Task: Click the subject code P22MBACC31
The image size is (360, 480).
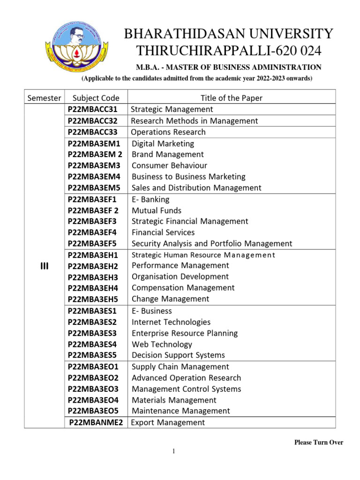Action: (93, 109)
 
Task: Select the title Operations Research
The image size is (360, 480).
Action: (168, 132)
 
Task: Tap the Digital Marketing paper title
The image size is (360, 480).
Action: (163, 143)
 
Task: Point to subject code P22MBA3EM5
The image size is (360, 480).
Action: (94, 188)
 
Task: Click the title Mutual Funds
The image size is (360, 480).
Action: (157, 210)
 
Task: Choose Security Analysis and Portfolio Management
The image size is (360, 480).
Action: (212, 244)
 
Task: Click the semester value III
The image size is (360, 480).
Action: (44, 266)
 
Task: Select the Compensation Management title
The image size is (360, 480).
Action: (183, 288)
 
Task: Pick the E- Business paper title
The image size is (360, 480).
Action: (152, 311)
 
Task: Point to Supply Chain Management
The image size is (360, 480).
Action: (180, 367)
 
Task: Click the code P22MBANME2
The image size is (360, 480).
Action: (96, 423)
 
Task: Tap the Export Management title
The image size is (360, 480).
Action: (168, 423)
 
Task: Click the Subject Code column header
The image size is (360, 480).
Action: (96, 98)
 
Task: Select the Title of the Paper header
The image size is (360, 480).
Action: (232, 98)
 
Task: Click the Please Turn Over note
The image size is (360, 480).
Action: (319, 442)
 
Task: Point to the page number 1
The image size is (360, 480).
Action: (173, 451)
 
